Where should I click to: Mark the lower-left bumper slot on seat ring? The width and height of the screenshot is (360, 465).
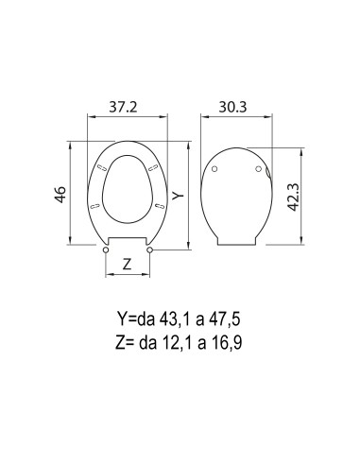(x=96, y=204)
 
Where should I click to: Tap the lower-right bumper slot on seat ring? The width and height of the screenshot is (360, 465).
(x=157, y=204)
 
